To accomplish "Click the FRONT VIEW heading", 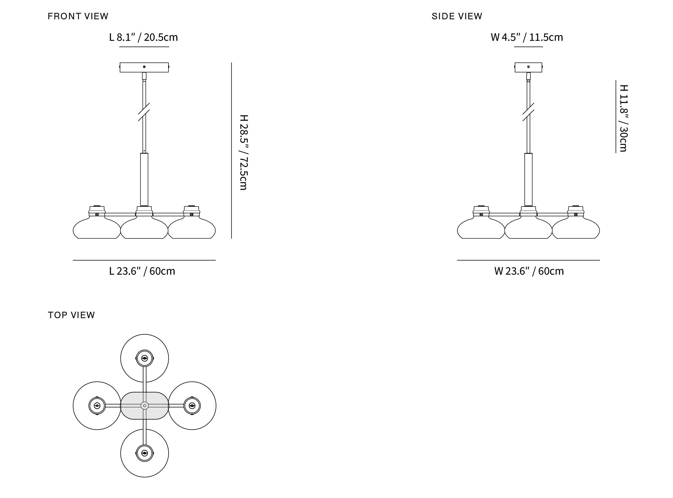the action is tap(78, 16).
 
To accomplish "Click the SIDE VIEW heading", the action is tap(457, 16).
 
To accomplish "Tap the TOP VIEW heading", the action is tap(71, 315).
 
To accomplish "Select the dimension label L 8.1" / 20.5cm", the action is tap(143, 37).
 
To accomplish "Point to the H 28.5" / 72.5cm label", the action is tap(243, 152).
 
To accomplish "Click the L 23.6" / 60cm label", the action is tap(142, 271).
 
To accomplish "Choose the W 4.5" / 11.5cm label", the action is tap(527, 37).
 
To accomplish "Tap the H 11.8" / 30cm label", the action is tap(624, 118).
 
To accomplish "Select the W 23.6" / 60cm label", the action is tap(529, 271).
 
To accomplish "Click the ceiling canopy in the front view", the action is tap(144, 67).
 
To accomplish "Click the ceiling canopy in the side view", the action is tap(528, 67).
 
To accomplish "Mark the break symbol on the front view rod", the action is tap(144, 112).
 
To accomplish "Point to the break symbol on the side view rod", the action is tap(528, 112).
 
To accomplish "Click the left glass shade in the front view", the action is tap(97, 229).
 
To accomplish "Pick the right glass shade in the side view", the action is tap(576, 229).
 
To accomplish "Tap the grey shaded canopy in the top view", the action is tap(144, 405).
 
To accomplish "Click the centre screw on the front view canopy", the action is tap(144, 67).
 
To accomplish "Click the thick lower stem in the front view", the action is tap(144, 180).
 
